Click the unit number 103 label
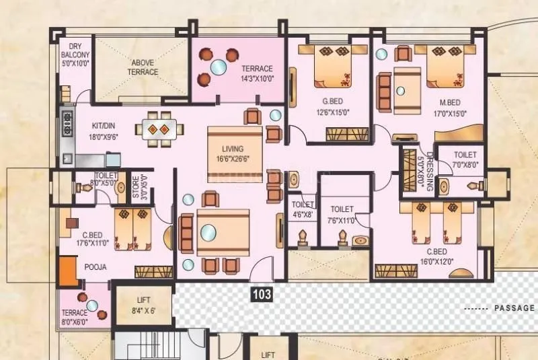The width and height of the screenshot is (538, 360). (x=261, y=293)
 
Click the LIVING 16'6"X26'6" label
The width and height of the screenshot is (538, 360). (x=233, y=153)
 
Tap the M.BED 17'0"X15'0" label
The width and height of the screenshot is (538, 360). (x=449, y=108)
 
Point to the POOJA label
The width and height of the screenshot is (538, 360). (x=95, y=267)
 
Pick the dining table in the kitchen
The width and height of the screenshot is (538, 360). (x=159, y=128)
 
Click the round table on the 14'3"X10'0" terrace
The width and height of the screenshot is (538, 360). (x=218, y=67)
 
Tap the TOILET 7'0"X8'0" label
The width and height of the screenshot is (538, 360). (x=465, y=159)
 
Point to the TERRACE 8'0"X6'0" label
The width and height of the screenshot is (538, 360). (x=75, y=317)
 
